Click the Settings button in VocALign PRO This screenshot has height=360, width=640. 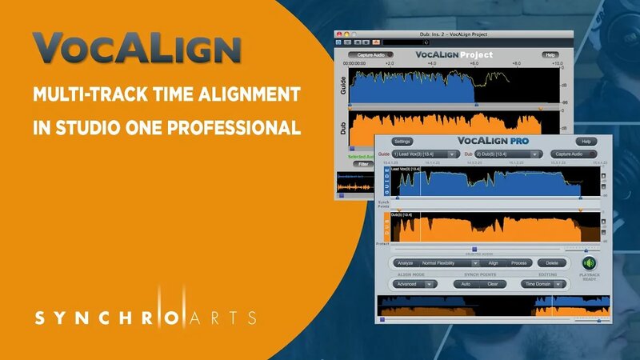tap(402, 141)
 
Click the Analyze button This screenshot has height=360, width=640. tap(406, 262)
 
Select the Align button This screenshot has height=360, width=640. tap(494, 262)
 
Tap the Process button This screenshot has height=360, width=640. tap(518, 262)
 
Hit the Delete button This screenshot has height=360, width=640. tap(552, 262)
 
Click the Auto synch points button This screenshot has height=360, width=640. tap(466, 283)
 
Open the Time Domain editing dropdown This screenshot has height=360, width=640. tap(542, 283)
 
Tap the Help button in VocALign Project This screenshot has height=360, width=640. tap(550, 55)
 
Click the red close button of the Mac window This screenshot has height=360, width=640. tap(339, 42)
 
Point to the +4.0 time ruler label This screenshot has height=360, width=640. tap(431, 63)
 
